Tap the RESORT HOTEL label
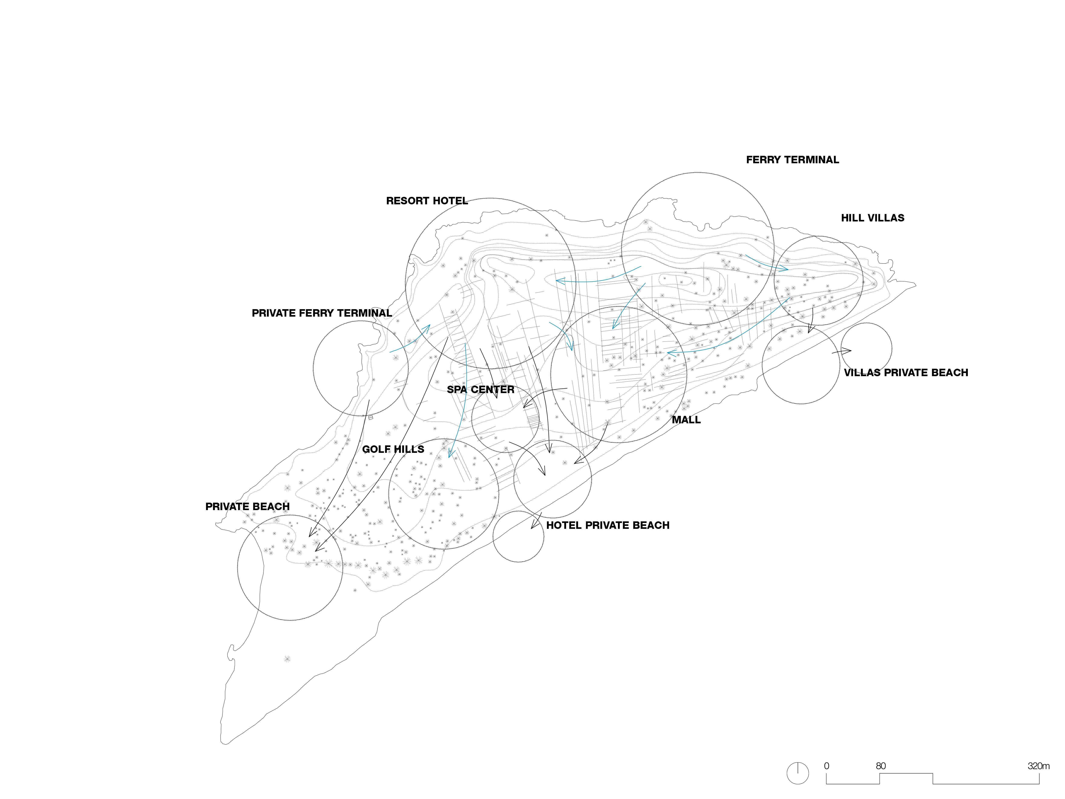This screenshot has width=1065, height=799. (x=427, y=201)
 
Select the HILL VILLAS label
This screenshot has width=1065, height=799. (x=872, y=218)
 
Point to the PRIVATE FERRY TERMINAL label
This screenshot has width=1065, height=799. (x=322, y=313)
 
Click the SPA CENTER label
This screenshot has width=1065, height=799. (x=480, y=390)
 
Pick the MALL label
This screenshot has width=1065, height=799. (x=686, y=420)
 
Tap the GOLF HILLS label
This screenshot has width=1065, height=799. (x=393, y=449)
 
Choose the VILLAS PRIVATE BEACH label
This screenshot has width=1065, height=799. (x=906, y=373)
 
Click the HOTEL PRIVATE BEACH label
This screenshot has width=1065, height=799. (x=608, y=525)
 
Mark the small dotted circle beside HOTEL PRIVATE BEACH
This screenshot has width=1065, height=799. (x=518, y=537)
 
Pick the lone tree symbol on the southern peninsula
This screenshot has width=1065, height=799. (x=287, y=659)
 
